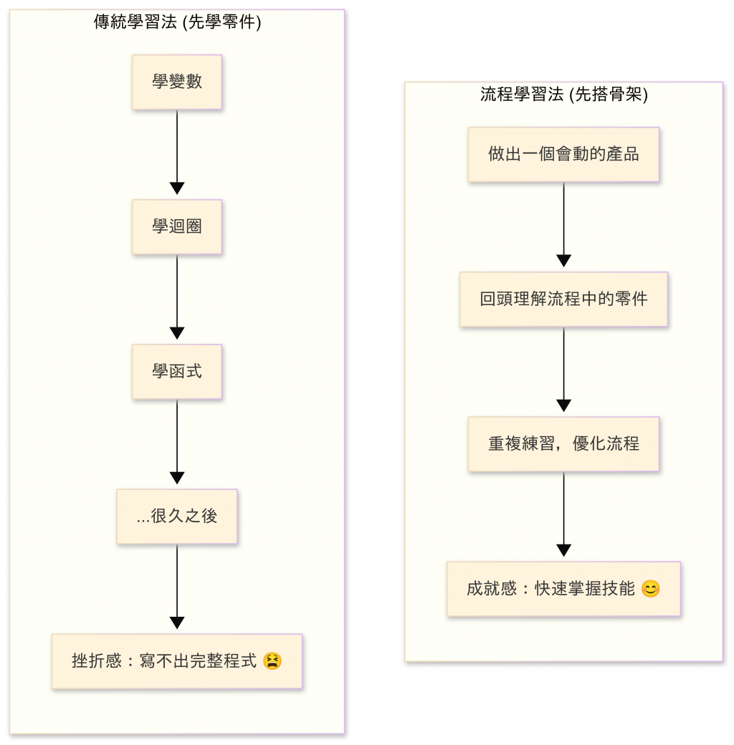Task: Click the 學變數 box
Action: tap(177, 82)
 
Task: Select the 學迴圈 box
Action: tap(177, 226)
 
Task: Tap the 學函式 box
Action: tap(177, 371)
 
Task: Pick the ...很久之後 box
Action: tap(177, 516)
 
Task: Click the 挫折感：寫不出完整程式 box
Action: tap(177, 660)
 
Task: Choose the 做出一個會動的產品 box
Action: tap(563, 154)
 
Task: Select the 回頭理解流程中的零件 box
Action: tap(563, 299)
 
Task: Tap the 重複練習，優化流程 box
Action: tap(563, 443)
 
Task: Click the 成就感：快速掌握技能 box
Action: tap(563, 589)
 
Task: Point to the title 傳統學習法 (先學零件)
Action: tap(177, 23)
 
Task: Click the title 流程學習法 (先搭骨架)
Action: tap(563, 95)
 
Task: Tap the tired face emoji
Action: tap(272, 660)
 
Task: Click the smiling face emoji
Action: tap(650, 589)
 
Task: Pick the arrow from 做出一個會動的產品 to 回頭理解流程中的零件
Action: tap(563, 224)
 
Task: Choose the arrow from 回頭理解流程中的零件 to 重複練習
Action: tap(563, 369)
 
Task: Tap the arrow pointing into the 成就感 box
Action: tap(563, 514)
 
